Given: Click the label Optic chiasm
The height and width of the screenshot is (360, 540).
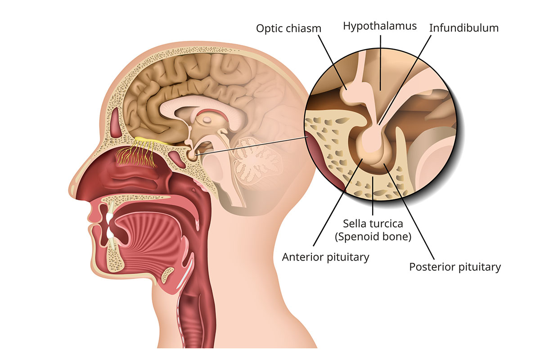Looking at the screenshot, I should coord(289,28).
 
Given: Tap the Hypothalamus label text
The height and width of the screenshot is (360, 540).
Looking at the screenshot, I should coord(380,26).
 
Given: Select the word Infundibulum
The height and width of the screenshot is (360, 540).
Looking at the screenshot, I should coord(464,28).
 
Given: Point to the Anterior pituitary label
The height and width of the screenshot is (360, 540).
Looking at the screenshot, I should coord(325,257).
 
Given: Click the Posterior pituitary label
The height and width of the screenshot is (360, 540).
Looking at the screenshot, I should coord(454,267).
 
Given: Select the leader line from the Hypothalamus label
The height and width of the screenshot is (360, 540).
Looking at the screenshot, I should coord(380,58).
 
